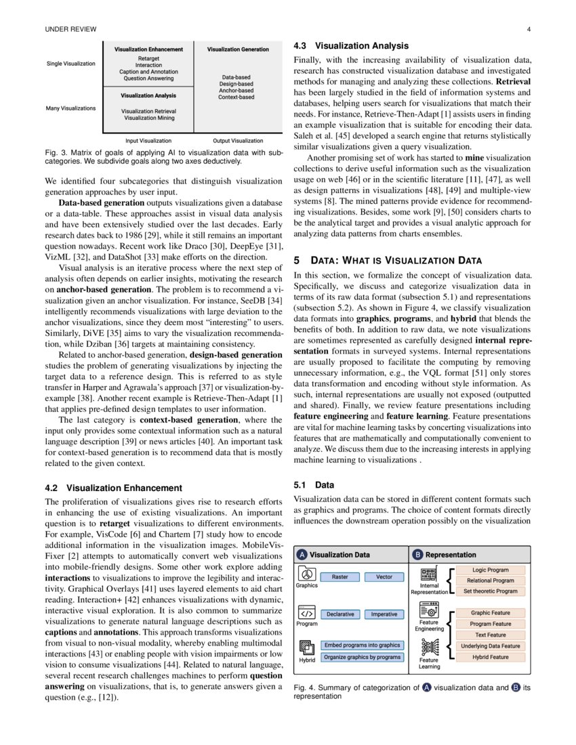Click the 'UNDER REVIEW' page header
[70, 29]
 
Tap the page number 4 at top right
[529, 29]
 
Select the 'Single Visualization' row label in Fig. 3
[71, 64]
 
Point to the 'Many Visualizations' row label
[71, 108]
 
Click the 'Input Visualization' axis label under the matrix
[148, 141]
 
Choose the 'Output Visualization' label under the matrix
[238, 141]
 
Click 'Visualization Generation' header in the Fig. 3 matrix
[238, 49]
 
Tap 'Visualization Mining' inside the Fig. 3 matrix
[149, 118]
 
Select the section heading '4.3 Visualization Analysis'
[350, 46]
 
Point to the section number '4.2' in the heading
[52, 488]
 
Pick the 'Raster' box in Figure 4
[340, 577]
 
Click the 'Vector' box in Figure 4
[384, 577]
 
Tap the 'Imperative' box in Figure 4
[384, 614]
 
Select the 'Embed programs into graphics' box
[362, 645]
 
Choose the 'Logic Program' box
[490, 570]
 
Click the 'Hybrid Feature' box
[490, 657]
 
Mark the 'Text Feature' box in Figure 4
[490, 635]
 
